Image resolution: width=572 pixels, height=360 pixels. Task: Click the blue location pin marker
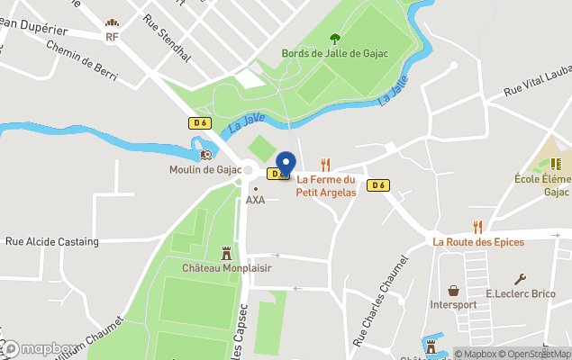click(x=286, y=163)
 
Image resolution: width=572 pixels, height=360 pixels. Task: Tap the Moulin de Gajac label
click(x=205, y=169)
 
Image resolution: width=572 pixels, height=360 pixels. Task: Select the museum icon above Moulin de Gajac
click(x=206, y=155)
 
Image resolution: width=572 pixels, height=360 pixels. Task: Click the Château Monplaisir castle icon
click(x=226, y=253)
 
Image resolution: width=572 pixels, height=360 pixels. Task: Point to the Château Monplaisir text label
click(x=227, y=268)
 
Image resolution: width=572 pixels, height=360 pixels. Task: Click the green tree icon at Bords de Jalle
click(x=335, y=39)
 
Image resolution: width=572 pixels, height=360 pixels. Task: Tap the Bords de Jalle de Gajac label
click(x=335, y=53)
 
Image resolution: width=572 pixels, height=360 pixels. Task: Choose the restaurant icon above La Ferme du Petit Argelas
click(x=325, y=165)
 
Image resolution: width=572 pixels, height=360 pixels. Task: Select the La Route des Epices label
click(x=477, y=241)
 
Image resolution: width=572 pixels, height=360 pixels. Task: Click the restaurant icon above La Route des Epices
click(x=477, y=227)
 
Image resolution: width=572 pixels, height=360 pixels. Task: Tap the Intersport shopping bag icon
click(x=453, y=291)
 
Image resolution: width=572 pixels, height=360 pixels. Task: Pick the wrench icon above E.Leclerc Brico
click(x=520, y=279)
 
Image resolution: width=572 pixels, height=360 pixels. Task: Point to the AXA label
click(x=256, y=200)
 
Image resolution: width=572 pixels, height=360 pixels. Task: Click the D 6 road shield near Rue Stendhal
click(x=199, y=122)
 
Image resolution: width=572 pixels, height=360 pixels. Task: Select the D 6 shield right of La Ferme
click(x=378, y=185)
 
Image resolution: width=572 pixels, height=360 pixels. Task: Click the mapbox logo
click(x=41, y=348)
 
